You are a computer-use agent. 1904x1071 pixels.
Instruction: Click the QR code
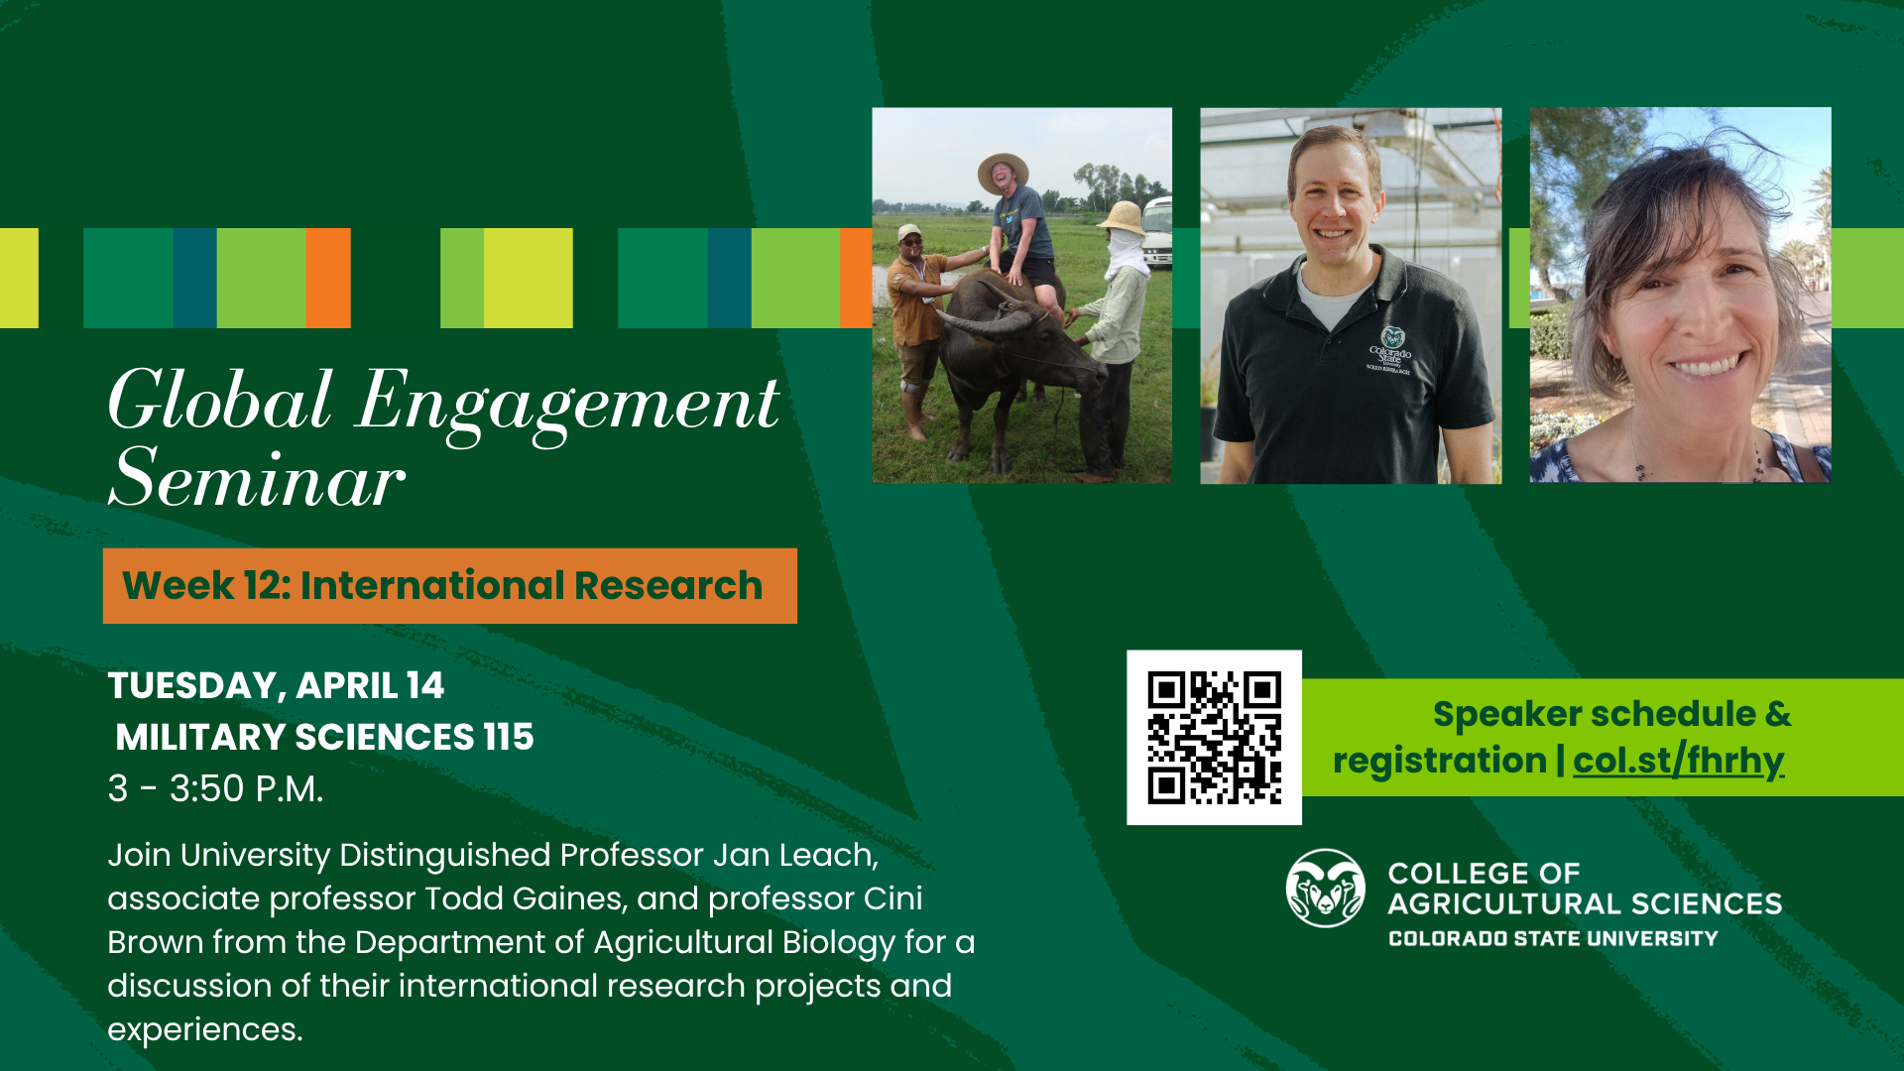1214,737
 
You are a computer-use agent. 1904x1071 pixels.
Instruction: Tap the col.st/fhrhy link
1678,761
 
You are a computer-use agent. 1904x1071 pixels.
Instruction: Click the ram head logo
1325,888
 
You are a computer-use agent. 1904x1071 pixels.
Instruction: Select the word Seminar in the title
257,479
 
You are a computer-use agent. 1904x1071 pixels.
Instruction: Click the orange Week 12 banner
449,585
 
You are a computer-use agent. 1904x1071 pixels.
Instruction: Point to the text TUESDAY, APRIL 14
276,685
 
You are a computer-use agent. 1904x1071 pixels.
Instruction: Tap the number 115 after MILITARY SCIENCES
509,737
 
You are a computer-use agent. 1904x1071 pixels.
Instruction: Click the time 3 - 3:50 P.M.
215,788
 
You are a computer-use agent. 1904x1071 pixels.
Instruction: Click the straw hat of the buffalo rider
1003,171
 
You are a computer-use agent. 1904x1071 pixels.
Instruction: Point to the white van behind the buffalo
1156,232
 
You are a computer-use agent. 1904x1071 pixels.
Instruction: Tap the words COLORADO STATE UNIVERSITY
1553,938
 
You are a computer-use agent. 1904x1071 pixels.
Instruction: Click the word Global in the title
220,401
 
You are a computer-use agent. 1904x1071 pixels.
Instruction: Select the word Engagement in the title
567,405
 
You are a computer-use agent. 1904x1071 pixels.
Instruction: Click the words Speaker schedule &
1611,713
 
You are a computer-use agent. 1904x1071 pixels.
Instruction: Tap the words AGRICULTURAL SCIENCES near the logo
1585,903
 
